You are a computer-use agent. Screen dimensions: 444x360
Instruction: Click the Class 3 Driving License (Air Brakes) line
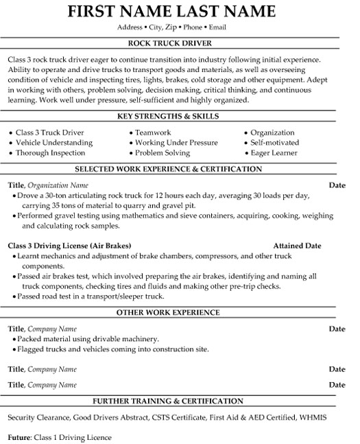tap(69, 246)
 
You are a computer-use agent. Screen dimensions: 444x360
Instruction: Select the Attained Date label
tap(297, 246)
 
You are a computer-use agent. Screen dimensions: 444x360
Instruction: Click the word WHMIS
tap(313, 417)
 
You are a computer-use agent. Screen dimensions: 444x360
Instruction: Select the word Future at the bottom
tap(20, 436)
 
